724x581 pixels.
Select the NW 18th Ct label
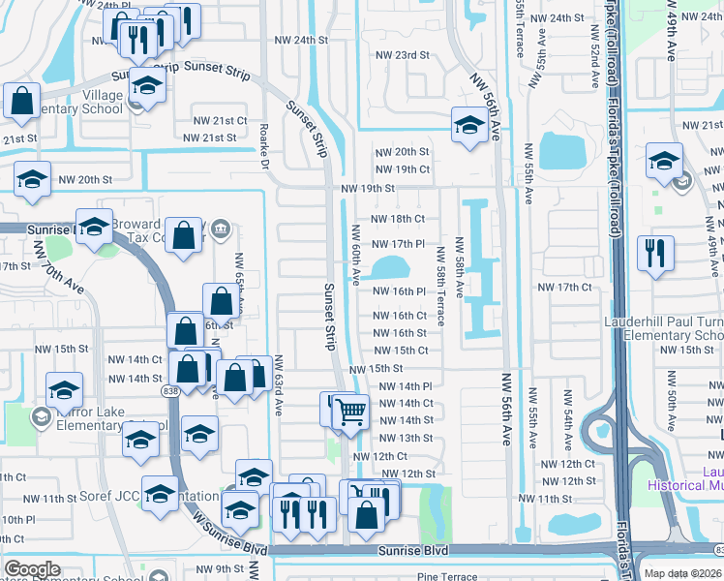click(398, 220)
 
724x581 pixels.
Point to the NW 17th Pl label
click(398, 244)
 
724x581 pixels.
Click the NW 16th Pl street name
click(400, 291)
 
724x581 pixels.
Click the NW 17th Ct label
click(563, 288)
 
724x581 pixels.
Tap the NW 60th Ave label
click(356, 254)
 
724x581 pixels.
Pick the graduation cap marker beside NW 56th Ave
click(469, 125)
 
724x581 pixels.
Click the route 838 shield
click(171, 389)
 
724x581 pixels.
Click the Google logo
click(32, 568)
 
